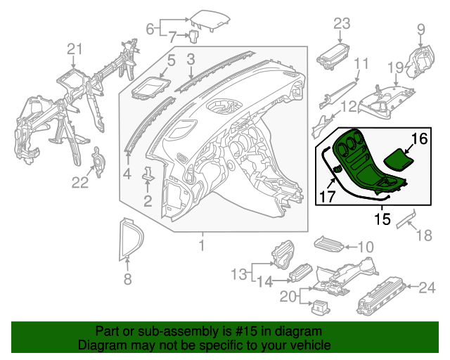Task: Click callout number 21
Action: click(75, 49)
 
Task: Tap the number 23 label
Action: click(342, 24)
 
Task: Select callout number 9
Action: click(421, 29)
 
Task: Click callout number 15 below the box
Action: click(381, 219)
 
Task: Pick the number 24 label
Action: click(427, 287)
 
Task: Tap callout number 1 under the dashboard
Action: click(202, 245)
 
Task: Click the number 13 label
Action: click(239, 273)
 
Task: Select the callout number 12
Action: click(349, 107)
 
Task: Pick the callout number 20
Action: click(288, 297)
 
